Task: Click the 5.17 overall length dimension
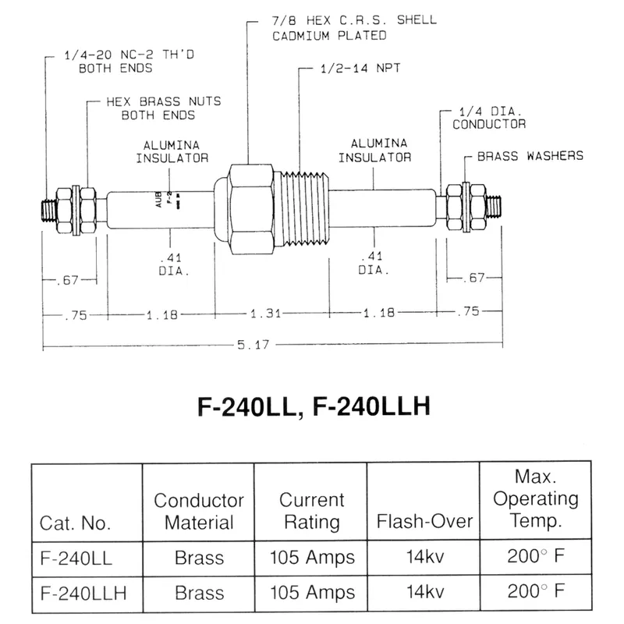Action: tap(253, 345)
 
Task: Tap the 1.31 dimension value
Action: tap(266, 314)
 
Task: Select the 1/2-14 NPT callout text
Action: tap(360, 69)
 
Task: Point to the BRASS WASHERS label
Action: tap(530, 155)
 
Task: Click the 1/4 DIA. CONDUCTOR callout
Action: tap(489, 118)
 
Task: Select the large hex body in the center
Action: tap(251, 209)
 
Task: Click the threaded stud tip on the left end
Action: tap(49, 210)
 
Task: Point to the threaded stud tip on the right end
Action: tap(494, 207)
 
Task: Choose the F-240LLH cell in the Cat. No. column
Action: tap(83, 593)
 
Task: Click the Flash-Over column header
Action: tap(424, 521)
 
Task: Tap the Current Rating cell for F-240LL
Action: tap(312, 557)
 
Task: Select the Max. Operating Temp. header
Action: tap(536, 498)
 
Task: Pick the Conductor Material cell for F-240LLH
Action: tap(199, 593)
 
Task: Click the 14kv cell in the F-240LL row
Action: tap(424, 557)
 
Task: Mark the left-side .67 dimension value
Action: tap(68, 280)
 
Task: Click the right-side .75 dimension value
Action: tap(469, 311)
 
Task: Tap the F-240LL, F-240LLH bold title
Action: tap(314, 406)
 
